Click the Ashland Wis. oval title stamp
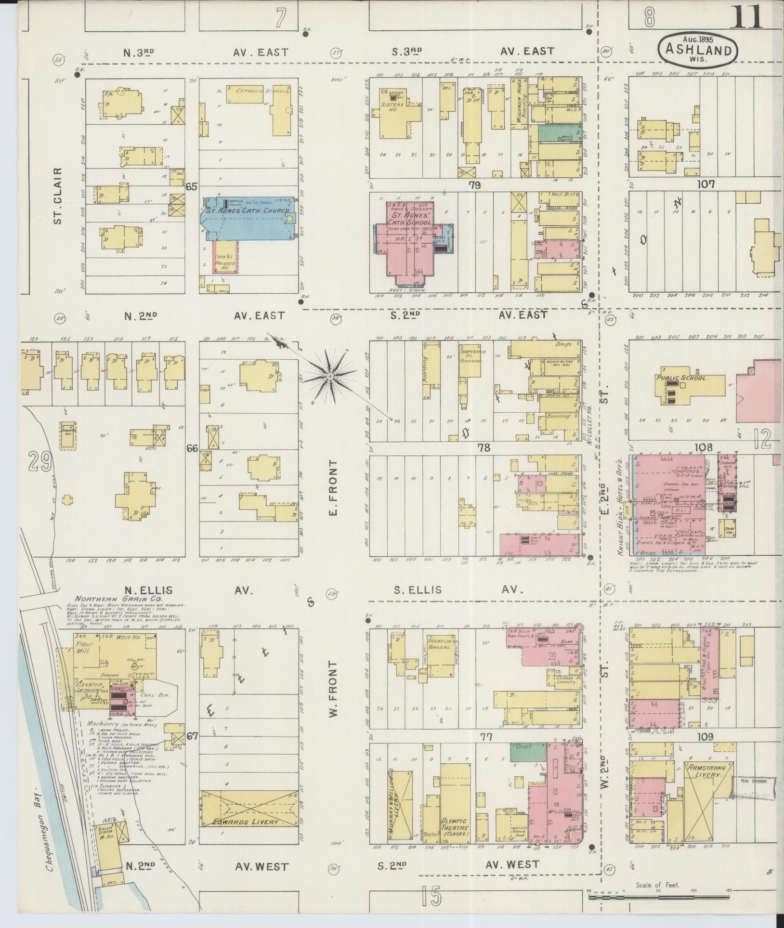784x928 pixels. pyautogui.click(x=698, y=50)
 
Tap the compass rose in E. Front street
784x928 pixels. pyautogui.click(x=330, y=375)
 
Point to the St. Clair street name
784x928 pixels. pyautogui.click(x=58, y=196)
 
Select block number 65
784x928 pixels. pyautogui.click(x=192, y=186)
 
